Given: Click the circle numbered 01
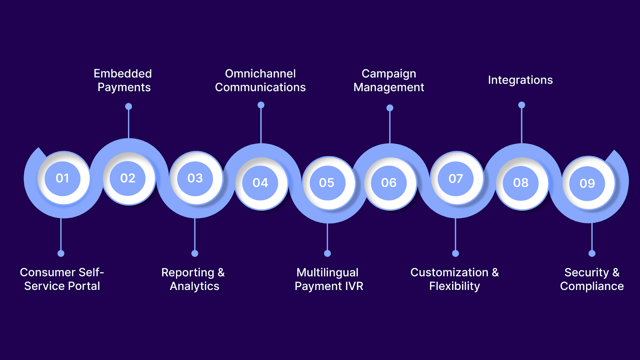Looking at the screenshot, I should tap(62, 178).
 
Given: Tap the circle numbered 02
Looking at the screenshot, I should tap(128, 178).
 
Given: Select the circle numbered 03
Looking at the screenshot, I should tap(195, 178).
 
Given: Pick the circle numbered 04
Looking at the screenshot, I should tap(260, 183).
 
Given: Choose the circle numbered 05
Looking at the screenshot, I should tap(327, 183).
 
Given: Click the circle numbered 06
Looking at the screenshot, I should tap(389, 183).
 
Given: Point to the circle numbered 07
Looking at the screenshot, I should tap(456, 178).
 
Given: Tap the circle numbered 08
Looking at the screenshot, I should tap(521, 183).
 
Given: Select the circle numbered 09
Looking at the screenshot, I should tap(587, 183).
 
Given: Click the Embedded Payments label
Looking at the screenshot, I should tap(123, 80).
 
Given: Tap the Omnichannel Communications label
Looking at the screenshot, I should tap(260, 80).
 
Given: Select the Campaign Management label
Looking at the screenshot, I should tap(389, 80).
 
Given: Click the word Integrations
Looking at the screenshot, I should tap(520, 80).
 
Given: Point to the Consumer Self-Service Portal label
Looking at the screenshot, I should tap(62, 279).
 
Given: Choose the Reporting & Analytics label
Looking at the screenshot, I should tap(194, 279).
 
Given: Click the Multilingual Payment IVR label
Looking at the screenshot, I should tap(328, 279).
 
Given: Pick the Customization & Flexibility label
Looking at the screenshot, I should tap(455, 279).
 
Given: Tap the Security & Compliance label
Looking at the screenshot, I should tap(592, 279).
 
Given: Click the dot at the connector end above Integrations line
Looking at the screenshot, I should tap(522, 105).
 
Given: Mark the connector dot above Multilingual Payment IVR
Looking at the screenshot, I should tap(327, 253).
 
